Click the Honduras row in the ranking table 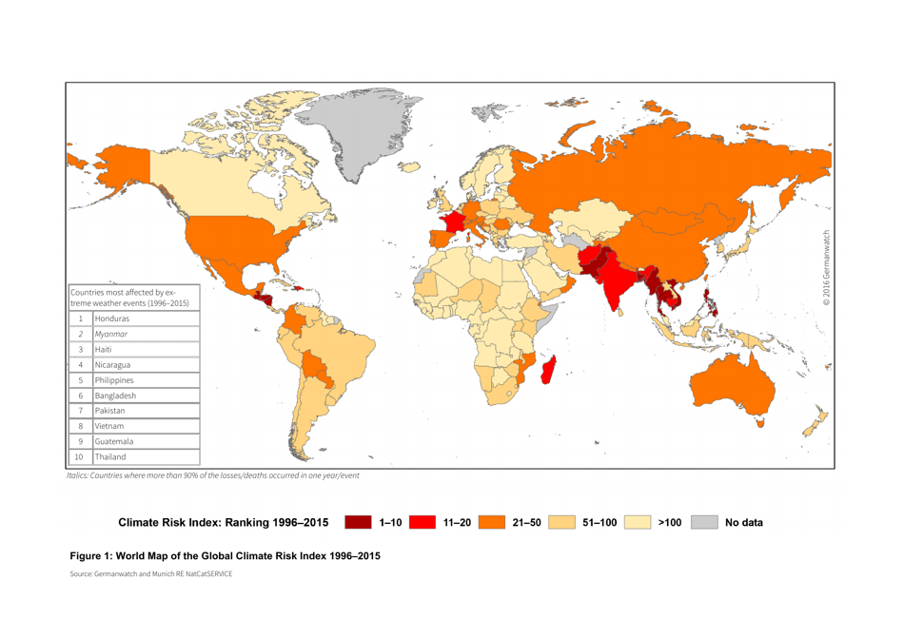(112, 319)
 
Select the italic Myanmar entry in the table (112, 334)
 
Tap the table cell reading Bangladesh (115, 396)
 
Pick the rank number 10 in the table (81, 457)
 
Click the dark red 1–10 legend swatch (358, 522)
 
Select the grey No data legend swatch (704, 522)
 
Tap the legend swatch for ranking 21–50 (491, 522)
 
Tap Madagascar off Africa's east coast (547, 368)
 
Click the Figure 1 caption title (226, 556)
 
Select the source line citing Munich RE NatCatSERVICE (150, 574)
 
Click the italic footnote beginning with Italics (212, 474)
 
